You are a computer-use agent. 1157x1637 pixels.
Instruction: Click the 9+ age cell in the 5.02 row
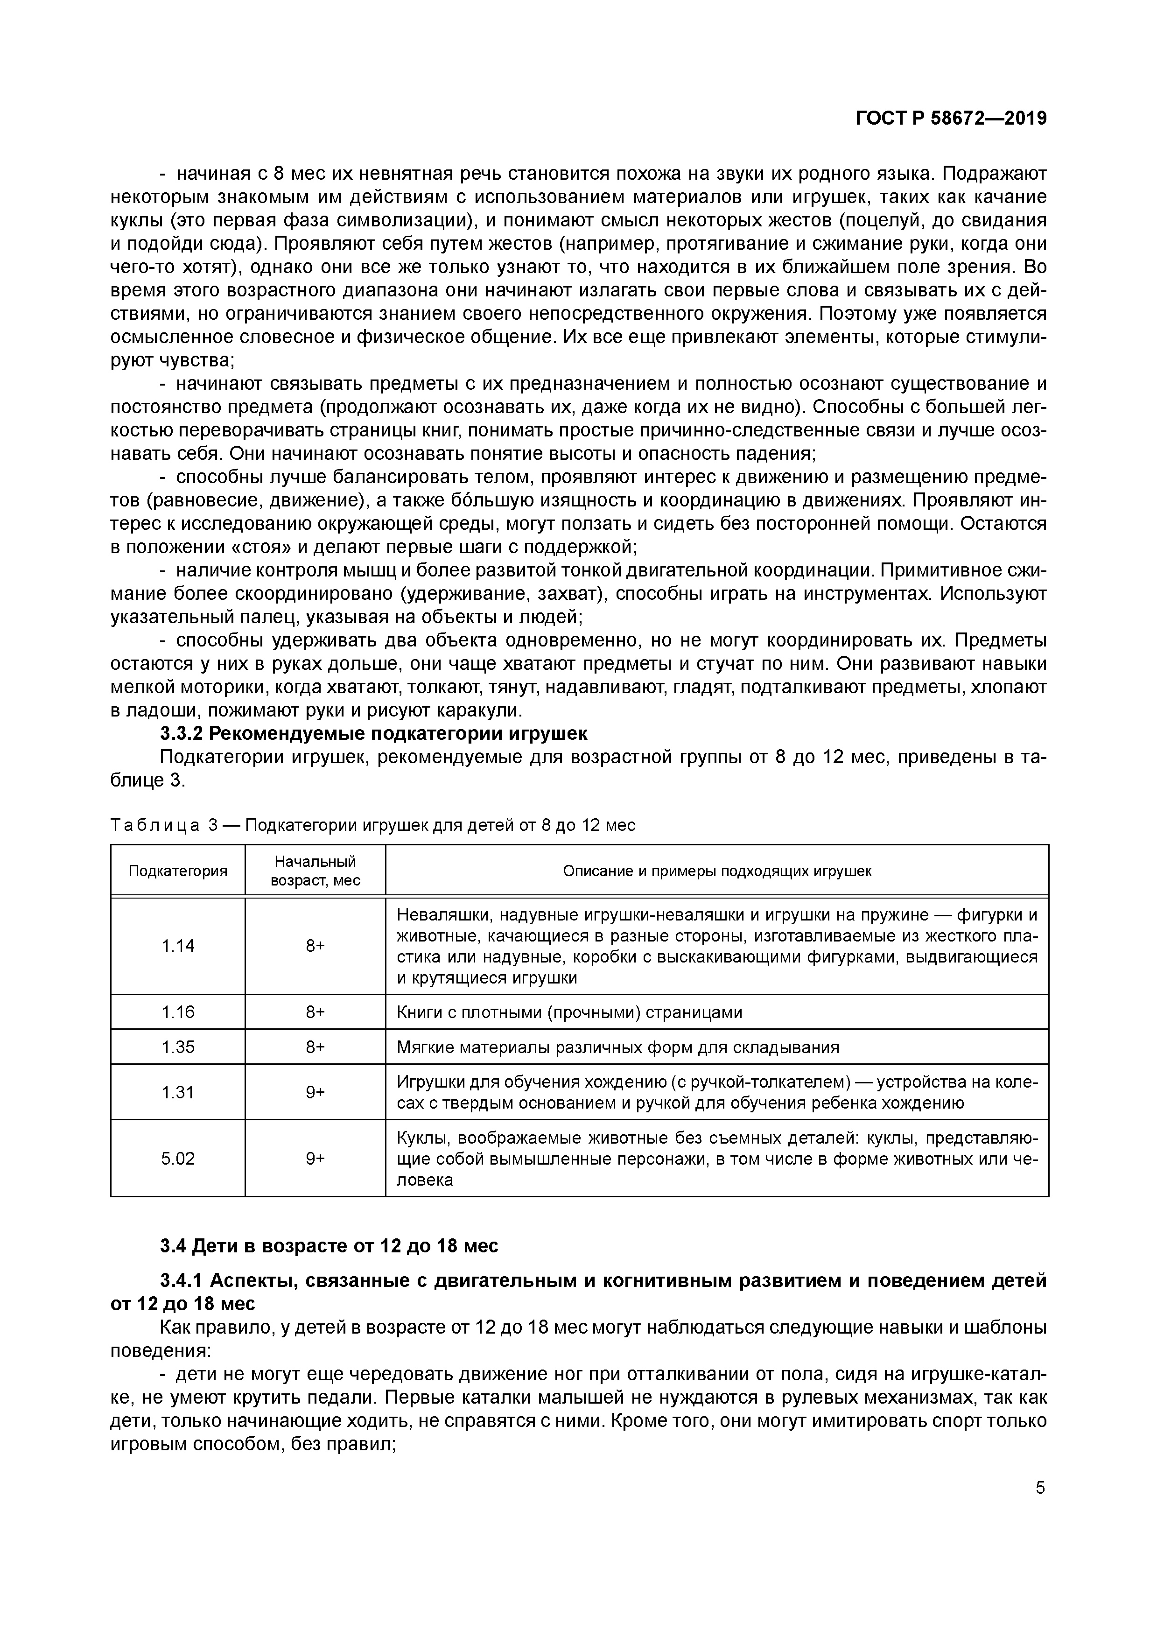click(x=315, y=1159)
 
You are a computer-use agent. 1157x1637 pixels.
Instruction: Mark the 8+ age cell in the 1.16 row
click(x=315, y=1012)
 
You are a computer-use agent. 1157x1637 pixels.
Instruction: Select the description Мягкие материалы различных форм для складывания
click(x=617, y=1047)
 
